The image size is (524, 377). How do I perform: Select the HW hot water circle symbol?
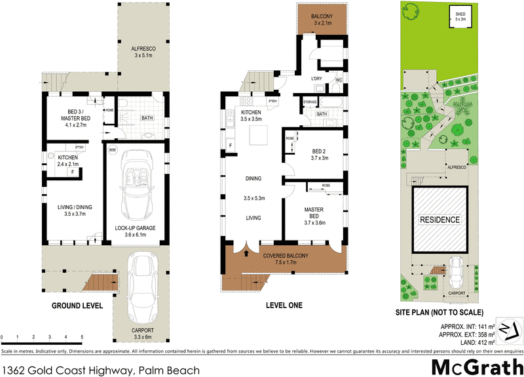click(112, 151)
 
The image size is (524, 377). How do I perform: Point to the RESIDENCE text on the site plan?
click(440, 220)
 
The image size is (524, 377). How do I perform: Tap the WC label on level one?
click(339, 80)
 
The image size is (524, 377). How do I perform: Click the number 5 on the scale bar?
click(83, 336)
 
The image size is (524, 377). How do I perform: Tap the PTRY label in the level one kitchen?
click(273, 102)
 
